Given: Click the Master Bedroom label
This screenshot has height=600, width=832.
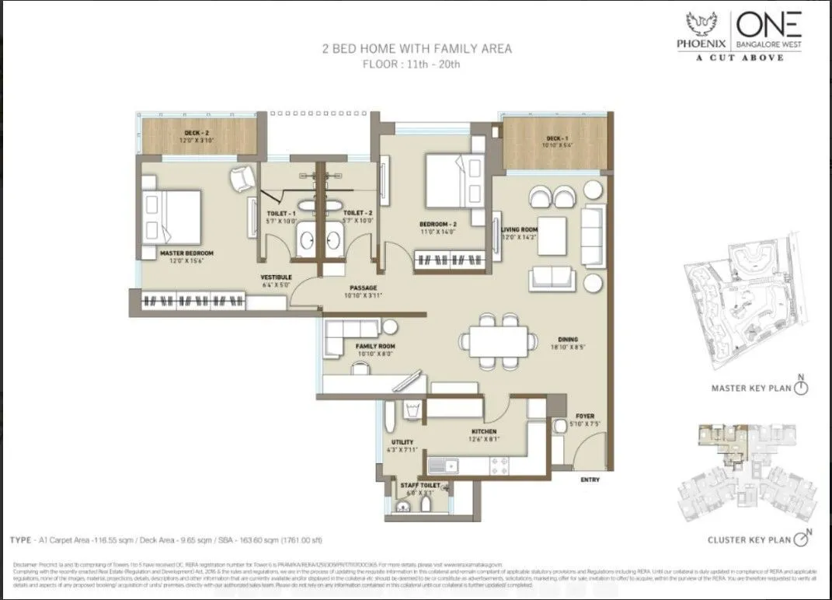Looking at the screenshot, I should tap(186, 253).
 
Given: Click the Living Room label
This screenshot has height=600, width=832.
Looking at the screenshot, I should tap(520, 229).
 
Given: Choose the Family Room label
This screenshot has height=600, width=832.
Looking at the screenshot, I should tap(375, 346).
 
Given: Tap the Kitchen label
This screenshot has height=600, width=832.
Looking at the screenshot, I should tap(483, 432).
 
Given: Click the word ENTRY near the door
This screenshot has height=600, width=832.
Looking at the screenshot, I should tap(590, 480).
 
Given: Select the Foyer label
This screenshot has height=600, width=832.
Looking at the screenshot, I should tap(584, 417).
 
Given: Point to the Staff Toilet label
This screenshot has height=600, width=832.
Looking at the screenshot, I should tap(419, 486).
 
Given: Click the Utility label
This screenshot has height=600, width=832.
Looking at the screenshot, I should tap(402, 442).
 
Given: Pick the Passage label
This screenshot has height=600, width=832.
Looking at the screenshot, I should tap(363, 288).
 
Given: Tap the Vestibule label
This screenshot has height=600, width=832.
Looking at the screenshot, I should tap(276, 277).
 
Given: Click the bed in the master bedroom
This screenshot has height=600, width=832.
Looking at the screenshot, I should tap(172, 217).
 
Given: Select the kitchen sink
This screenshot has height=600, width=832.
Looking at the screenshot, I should tap(443, 466).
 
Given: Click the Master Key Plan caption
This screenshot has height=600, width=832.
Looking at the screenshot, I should tap(750, 389).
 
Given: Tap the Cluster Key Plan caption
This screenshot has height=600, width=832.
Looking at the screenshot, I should tap(749, 540).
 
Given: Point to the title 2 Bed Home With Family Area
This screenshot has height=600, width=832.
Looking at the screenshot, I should tap(416, 49).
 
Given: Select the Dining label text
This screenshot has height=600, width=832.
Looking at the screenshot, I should tap(569, 339).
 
